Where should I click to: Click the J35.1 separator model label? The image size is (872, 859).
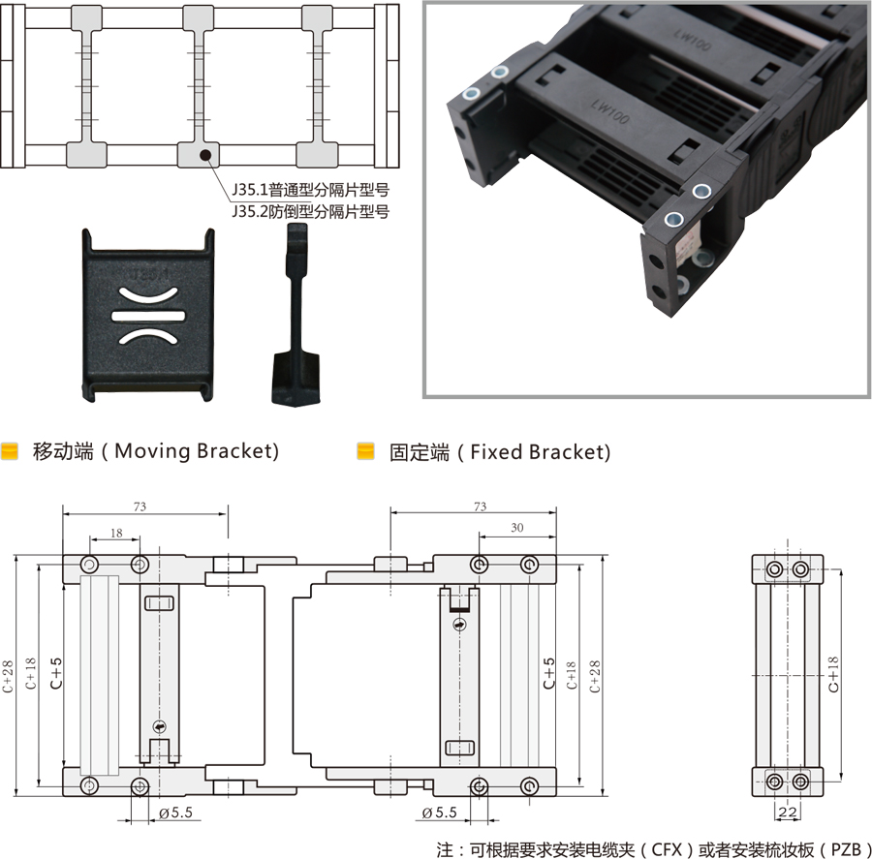(x=310, y=190)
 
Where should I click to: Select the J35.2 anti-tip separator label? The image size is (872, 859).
(x=310, y=212)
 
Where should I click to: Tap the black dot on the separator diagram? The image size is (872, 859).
(x=205, y=155)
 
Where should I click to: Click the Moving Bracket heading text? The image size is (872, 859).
(x=156, y=451)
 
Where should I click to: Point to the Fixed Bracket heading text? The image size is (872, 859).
(x=500, y=452)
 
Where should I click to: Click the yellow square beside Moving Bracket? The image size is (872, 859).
(x=10, y=451)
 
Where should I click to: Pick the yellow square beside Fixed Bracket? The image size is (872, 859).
(x=365, y=451)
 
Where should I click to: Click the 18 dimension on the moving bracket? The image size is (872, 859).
(x=116, y=534)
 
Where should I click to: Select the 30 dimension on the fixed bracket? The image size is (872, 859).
(x=517, y=528)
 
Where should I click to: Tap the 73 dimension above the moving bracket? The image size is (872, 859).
(x=140, y=506)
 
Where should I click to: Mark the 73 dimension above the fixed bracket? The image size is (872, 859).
(x=480, y=506)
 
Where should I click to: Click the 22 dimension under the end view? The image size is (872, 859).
(x=788, y=813)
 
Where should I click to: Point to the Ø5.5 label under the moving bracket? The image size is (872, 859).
(x=175, y=813)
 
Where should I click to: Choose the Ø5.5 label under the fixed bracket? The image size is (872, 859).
(x=439, y=813)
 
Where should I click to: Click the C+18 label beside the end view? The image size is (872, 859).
(x=833, y=674)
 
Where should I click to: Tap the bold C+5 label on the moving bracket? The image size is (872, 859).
(x=56, y=673)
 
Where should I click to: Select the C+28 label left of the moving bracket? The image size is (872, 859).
(x=8, y=676)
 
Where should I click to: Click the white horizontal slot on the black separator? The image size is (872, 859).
(x=148, y=317)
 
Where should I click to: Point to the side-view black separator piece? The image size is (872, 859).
(x=296, y=314)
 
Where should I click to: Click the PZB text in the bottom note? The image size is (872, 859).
(x=845, y=849)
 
